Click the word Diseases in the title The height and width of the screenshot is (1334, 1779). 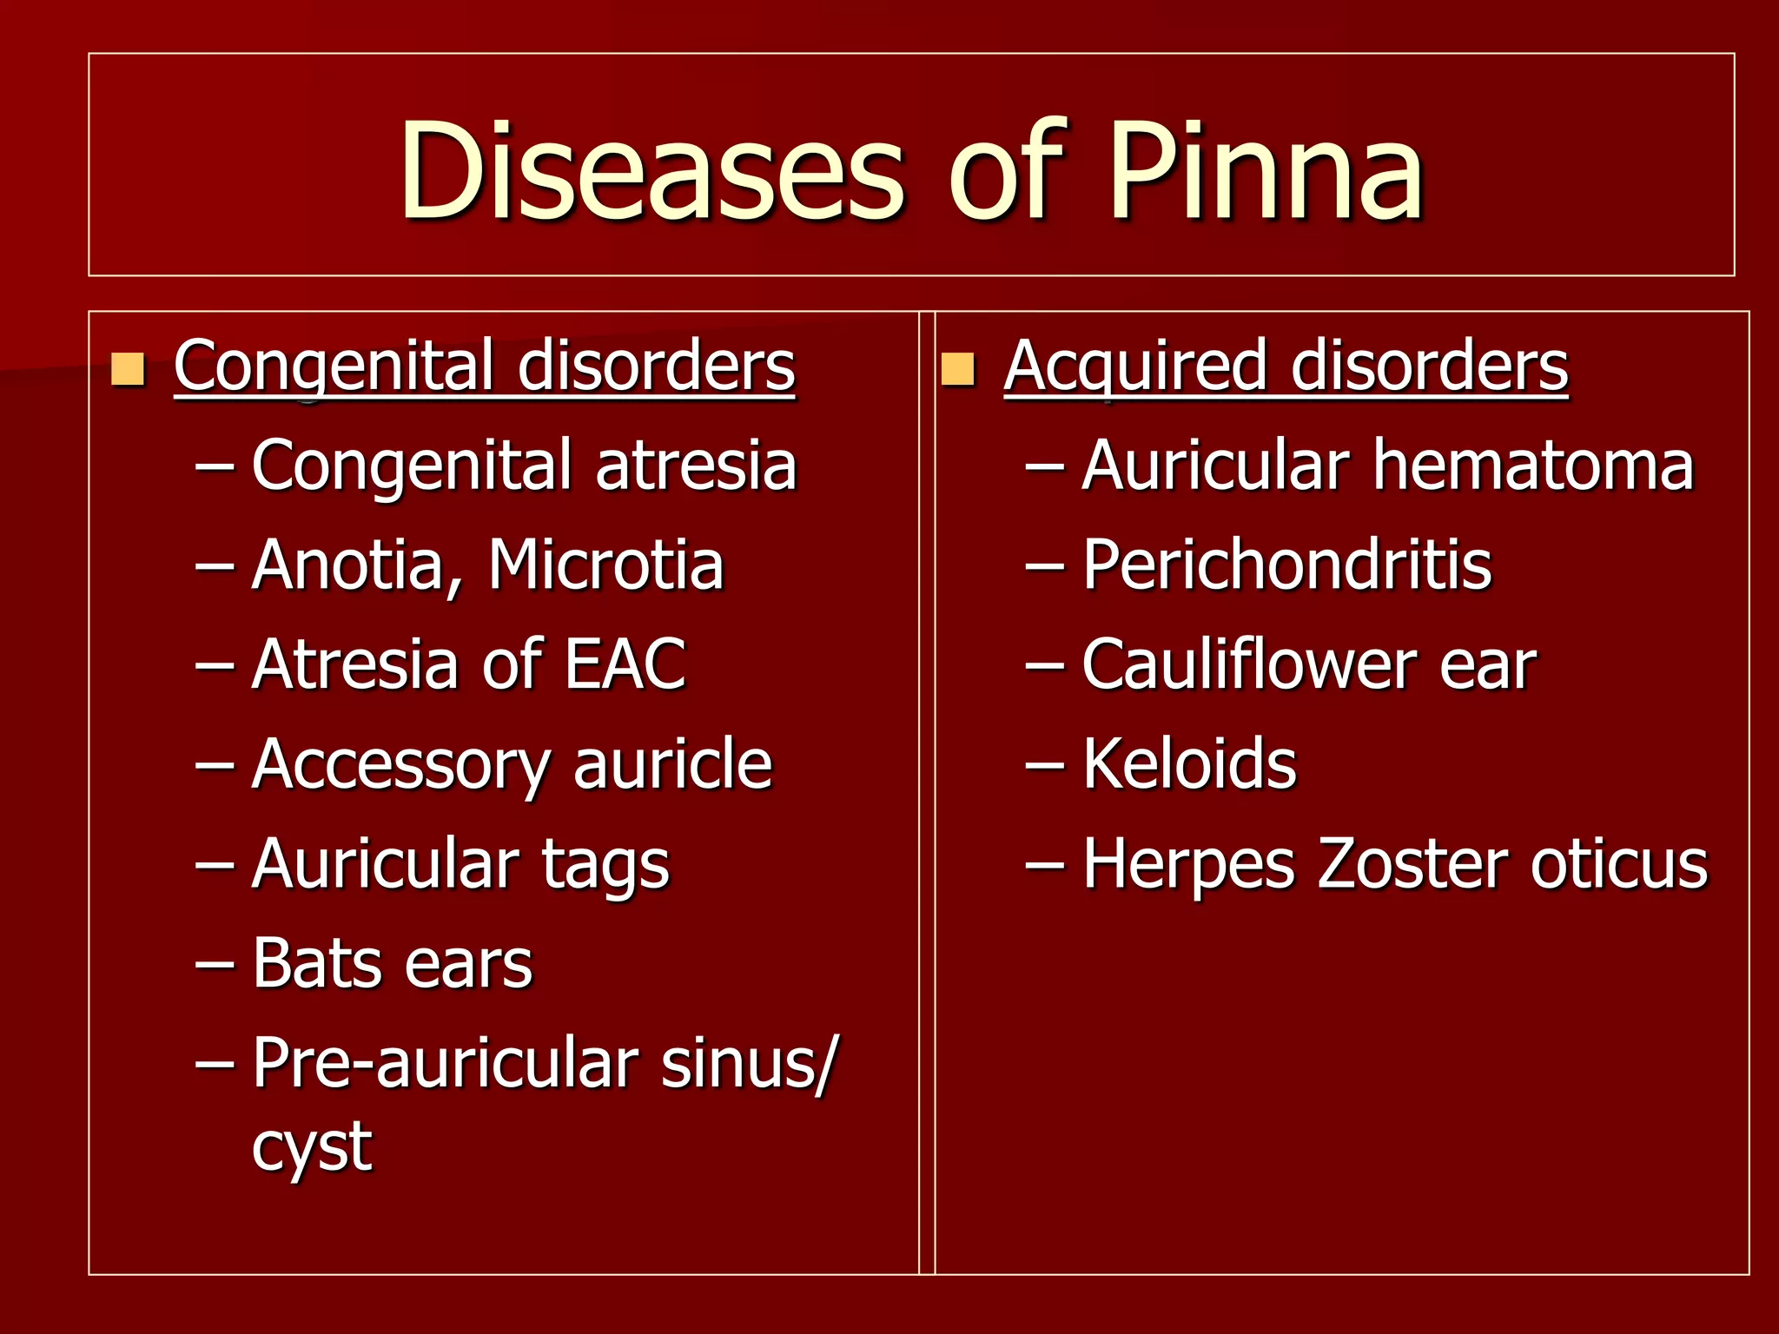point(651,171)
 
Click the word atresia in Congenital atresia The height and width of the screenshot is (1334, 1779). point(696,466)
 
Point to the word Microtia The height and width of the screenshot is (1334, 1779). point(605,565)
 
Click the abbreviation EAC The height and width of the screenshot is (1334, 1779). point(625,664)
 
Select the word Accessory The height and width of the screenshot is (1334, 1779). point(400,765)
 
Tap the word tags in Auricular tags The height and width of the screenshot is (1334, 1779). point(605,865)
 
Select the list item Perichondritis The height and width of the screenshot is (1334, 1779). point(1286,565)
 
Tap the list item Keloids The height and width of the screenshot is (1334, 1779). point(1189,764)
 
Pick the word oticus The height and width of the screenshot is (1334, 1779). point(1619,864)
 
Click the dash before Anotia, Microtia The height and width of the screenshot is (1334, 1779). point(215,566)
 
